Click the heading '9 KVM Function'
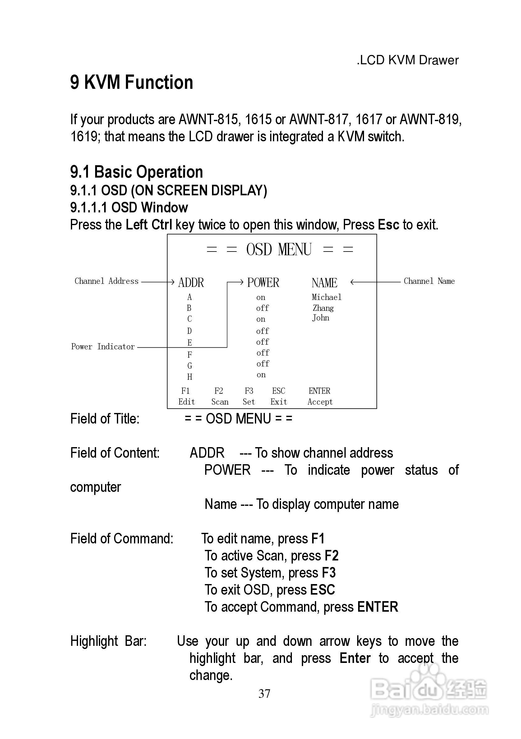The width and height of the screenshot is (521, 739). (x=131, y=82)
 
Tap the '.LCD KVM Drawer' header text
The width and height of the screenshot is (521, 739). (x=407, y=60)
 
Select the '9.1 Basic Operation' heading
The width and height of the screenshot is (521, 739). (x=136, y=172)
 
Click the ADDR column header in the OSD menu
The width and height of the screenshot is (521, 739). (x=191, y=283)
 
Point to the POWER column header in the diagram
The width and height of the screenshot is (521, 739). (x=263, y=283)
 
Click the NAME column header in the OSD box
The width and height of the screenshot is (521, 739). (x=324, y=283)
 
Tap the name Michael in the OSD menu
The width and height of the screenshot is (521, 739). (x=326, y=297)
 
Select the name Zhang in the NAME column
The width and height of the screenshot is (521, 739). (x=323, y=308)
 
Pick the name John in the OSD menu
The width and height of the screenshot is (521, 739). (x=320, y=318)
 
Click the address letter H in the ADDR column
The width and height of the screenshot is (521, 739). (x=189, y=377)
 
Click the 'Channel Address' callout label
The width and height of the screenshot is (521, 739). (x=106, y=281)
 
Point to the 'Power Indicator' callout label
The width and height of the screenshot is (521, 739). (x=103, y=347)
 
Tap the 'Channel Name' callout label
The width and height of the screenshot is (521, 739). (x=429, y=281)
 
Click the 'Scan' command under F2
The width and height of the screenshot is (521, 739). (x=220, y=402)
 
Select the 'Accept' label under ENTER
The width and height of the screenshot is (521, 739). (x=320, y=402)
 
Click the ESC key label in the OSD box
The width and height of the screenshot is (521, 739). (x=279, y=391)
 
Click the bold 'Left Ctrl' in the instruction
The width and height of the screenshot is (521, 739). (x=149, y=225)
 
